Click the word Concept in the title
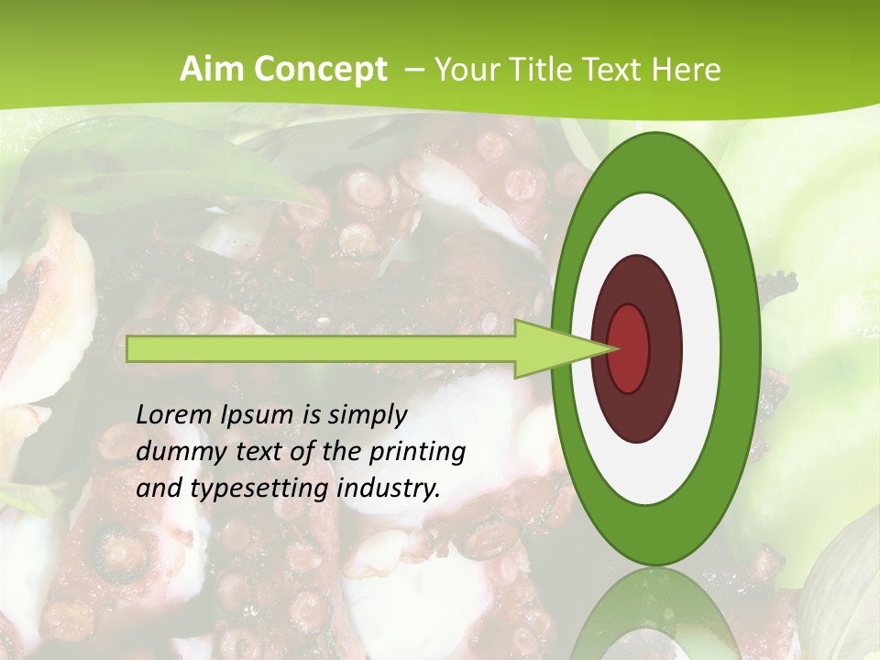(321, 70)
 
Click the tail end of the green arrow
(129, 348)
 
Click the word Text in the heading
(615, 70)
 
